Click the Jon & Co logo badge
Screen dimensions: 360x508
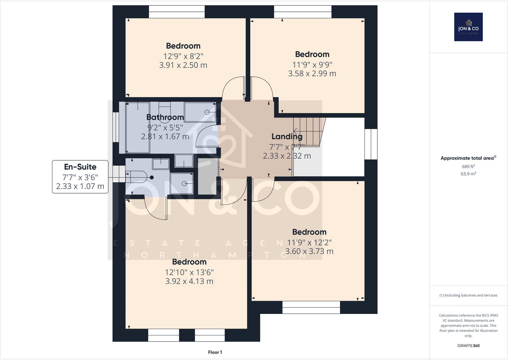[468, 27]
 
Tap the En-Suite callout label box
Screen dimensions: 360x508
[80, 177]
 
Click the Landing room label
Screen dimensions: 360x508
[287, 136]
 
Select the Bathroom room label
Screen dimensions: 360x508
[165, 117]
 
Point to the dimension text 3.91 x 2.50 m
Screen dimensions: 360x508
[183, 65]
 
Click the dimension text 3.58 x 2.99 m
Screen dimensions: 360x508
[312, 73]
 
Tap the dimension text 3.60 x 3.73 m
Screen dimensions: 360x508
[309, 251]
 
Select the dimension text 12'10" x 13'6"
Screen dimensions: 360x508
[189, 272]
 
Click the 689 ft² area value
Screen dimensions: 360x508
[468, 166]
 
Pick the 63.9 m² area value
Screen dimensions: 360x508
[468, 174]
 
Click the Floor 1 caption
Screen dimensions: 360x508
[215, 352]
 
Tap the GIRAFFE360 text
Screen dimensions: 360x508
[468, 346]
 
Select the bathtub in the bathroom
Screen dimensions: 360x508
[138, 128]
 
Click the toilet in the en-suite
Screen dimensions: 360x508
[137, 177]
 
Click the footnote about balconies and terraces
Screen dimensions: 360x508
[468, 295]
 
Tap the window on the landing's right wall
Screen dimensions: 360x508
[371, 144]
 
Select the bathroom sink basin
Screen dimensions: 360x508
[201, 112]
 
